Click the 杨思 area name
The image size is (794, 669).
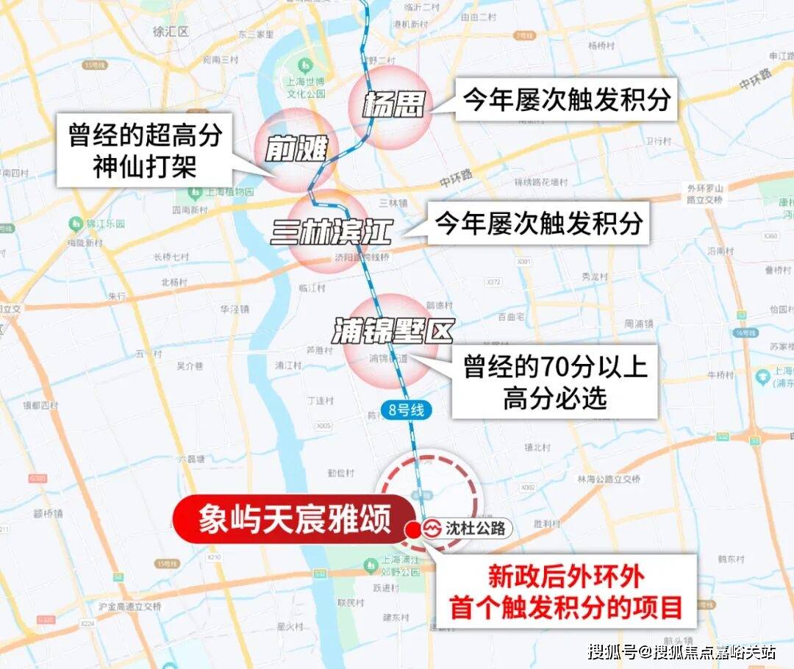coord(394,107)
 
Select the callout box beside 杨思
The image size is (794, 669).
coord(565,100)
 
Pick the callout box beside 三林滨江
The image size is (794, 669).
coord(538,223)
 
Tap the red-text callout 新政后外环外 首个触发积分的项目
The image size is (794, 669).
coord(565,592)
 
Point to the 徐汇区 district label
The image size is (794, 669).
coord(171,32)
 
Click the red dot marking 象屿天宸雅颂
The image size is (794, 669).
coord(412,529)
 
